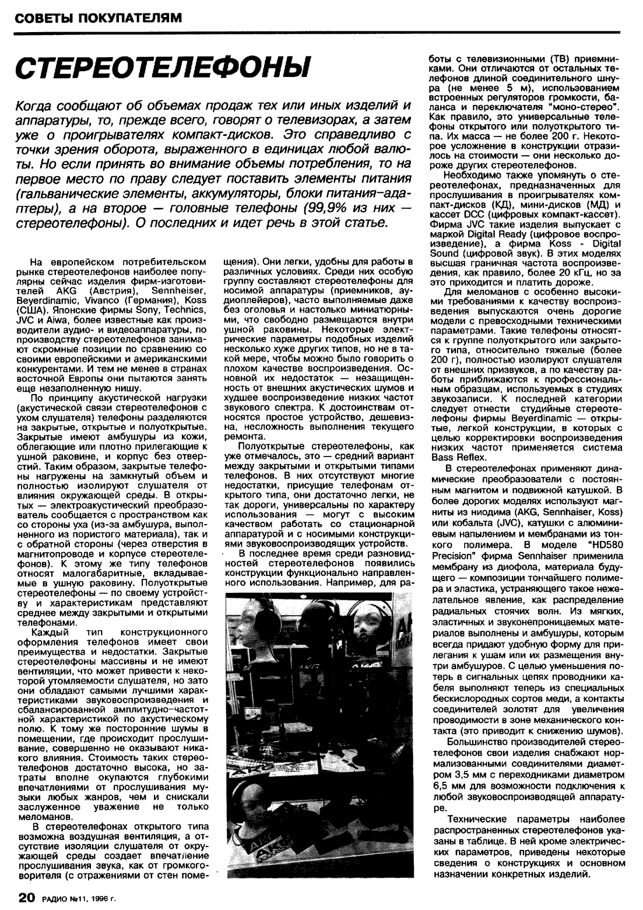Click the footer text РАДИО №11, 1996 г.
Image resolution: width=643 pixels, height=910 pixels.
point(78,898)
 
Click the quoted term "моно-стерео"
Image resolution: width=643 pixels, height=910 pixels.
point(582,108)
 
